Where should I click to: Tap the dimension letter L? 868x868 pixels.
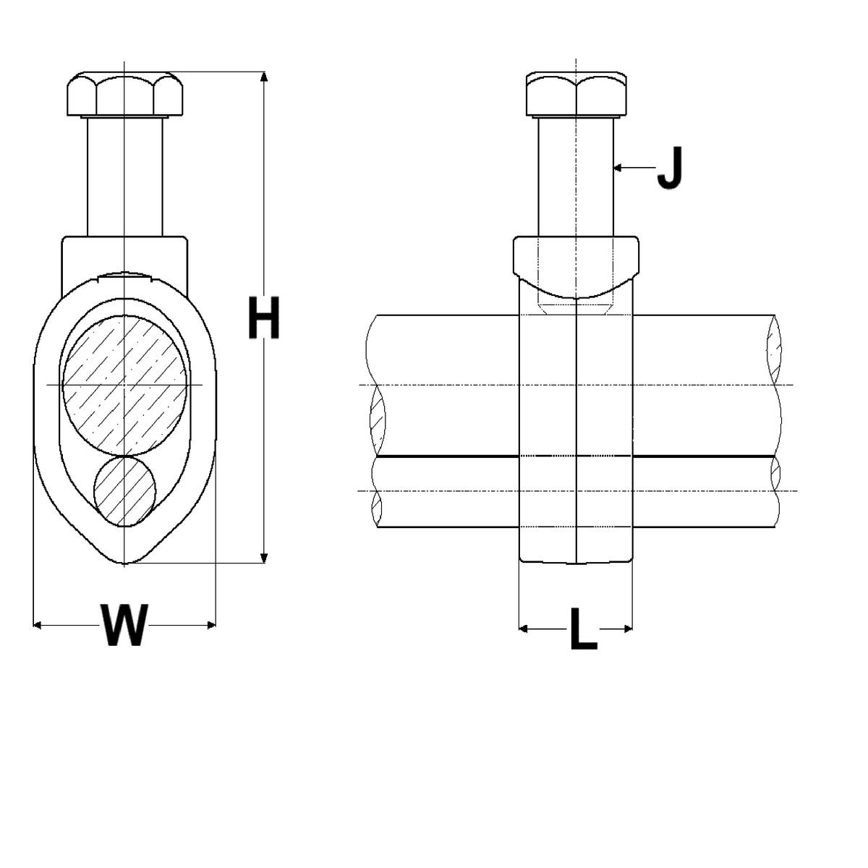(583, 629)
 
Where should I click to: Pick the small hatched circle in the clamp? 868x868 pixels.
(124, 490)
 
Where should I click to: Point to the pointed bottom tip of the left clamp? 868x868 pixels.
(125, 562)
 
